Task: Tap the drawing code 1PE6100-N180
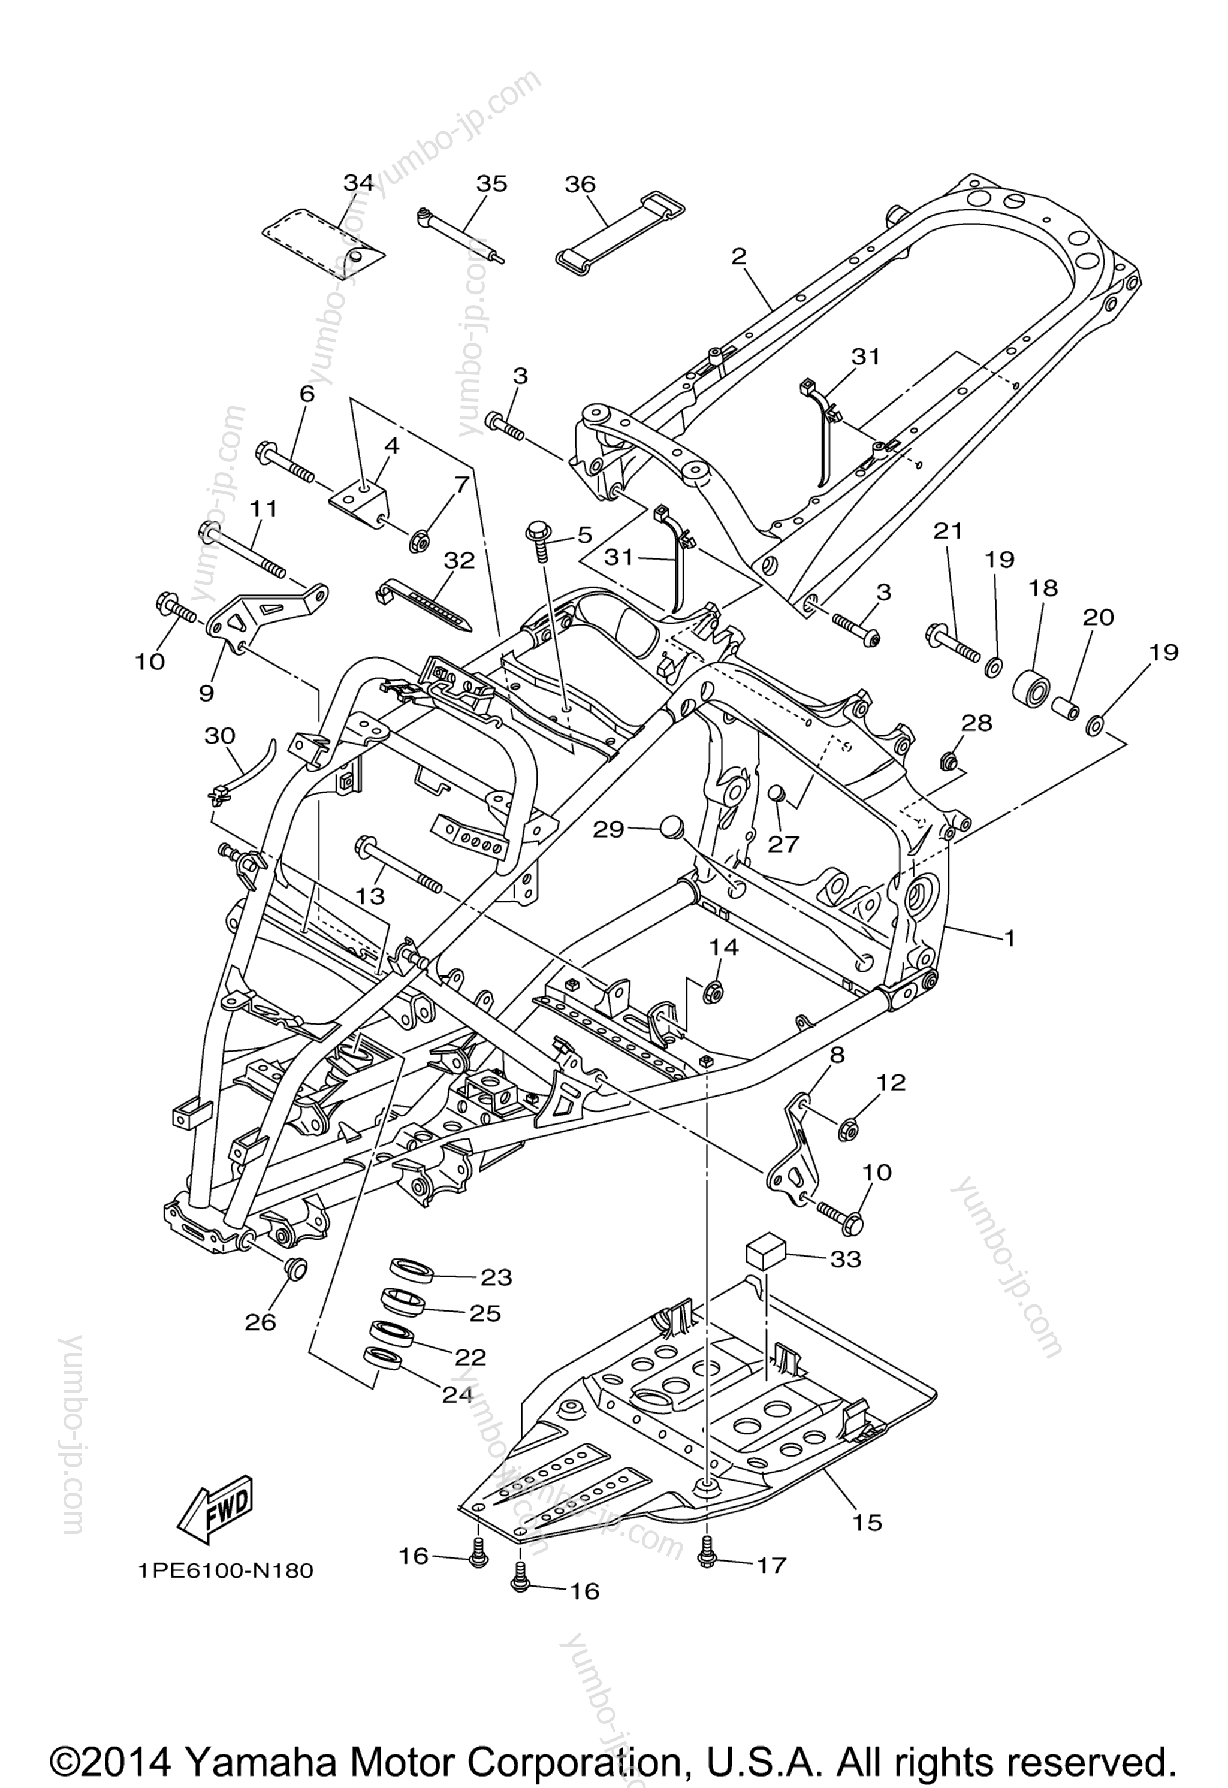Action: coord(225,1571)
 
